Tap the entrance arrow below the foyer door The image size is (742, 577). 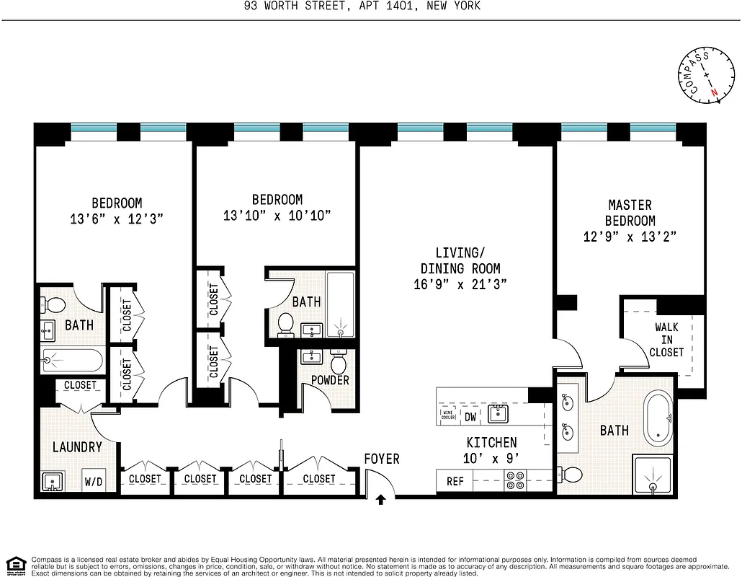(380, 498)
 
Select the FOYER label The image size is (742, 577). (381, 459)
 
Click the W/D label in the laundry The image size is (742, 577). (94, 481)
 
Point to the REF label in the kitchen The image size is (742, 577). (455, 481)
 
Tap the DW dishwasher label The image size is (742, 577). (470, 416)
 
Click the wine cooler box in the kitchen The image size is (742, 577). (447, 415)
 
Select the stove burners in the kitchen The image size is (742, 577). (516, 480)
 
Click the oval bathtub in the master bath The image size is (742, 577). (657, 418)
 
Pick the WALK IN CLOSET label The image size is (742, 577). (667, 340)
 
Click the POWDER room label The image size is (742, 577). (330, 380)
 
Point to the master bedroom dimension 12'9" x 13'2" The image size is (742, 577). (630, 236)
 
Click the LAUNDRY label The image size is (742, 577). (77, 447)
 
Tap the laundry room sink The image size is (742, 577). (50, 481)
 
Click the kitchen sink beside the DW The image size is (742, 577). (498, 413)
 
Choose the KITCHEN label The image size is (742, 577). (491, 442)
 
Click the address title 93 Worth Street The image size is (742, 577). (371, 6)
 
